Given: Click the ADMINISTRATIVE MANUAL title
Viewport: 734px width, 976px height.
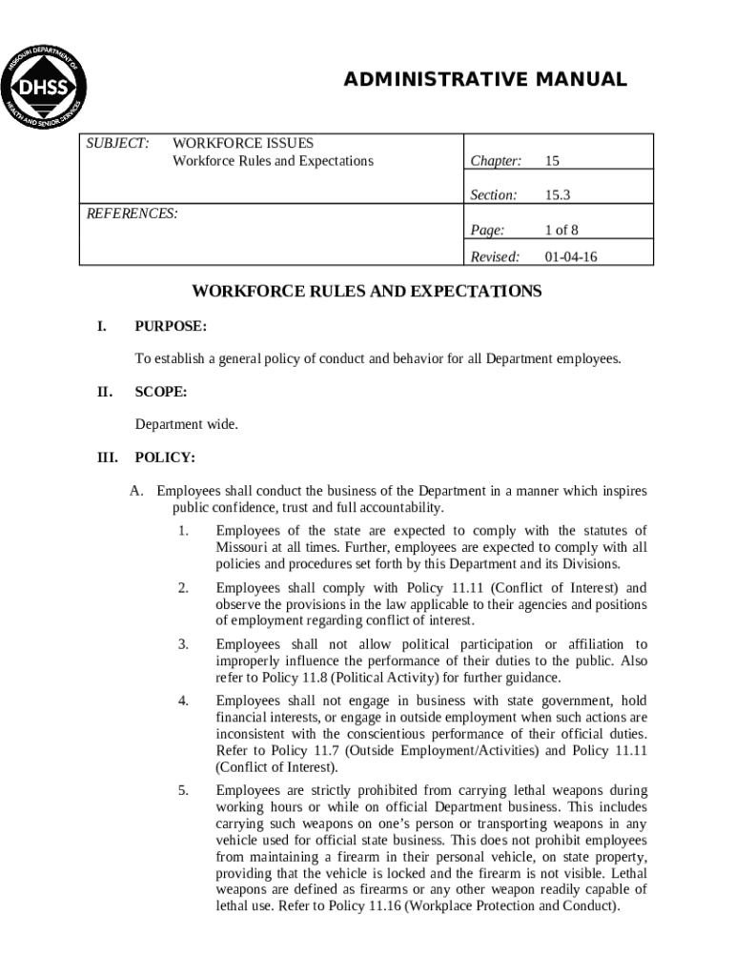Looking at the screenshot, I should coord(485,80).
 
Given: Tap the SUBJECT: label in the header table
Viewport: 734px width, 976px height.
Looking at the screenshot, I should coord(118,142).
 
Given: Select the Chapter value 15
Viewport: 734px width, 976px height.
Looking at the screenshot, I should coord(552,161).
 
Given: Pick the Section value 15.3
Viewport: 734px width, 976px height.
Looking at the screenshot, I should coord(557,195).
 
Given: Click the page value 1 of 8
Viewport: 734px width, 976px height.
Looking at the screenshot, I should coord(561,230).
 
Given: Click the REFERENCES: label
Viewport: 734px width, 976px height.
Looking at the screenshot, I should coord(133,213).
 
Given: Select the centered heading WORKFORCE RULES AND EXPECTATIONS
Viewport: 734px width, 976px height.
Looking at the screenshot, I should coord(367,292).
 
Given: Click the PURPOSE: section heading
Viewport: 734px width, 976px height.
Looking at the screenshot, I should coord(171,326).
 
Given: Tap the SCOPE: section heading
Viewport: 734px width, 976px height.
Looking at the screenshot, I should coord(161,392).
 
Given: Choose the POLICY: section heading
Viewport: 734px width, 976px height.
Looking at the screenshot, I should coord(165,457).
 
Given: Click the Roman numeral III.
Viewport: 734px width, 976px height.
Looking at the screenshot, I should coord(107,457).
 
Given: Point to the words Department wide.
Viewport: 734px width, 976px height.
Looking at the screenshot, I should coord(186,424).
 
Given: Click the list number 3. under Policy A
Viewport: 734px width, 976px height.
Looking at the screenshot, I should coord(183,645).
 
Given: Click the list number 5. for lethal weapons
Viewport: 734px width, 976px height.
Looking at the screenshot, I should coord(183,790).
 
